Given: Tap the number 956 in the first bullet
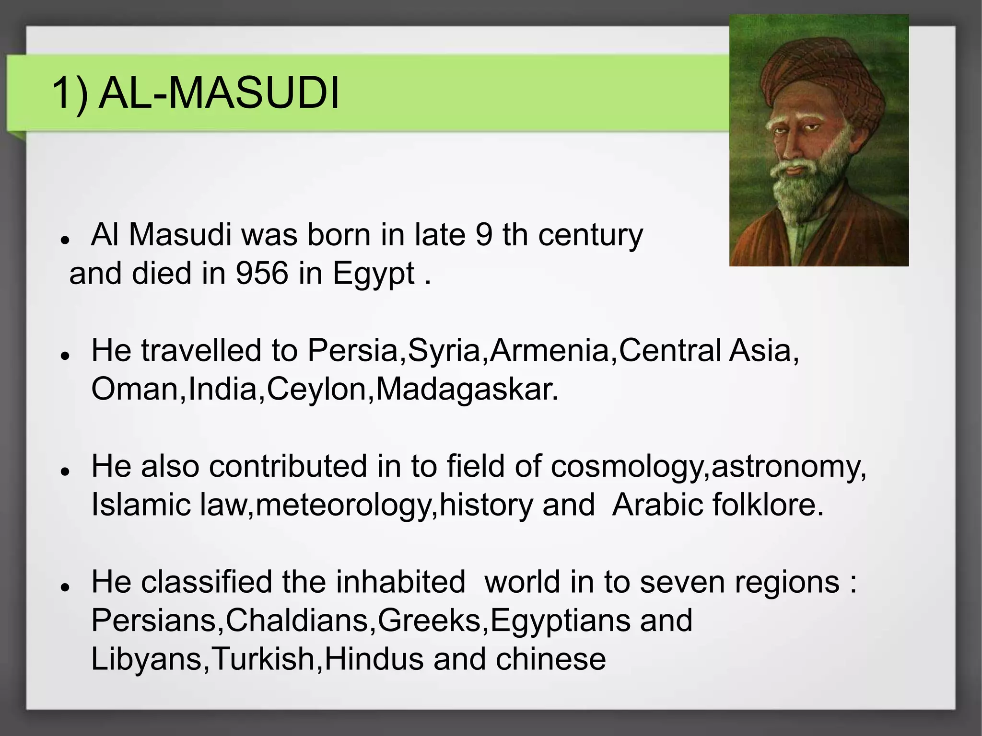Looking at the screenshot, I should (262, 274).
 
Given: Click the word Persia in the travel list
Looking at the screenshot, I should (353, 350).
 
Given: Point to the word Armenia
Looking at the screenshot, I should (549, 350).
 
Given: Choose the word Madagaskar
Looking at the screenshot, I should (467, 389).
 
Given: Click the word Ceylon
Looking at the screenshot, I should (316, 390).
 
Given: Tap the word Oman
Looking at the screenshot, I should (135, 389).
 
